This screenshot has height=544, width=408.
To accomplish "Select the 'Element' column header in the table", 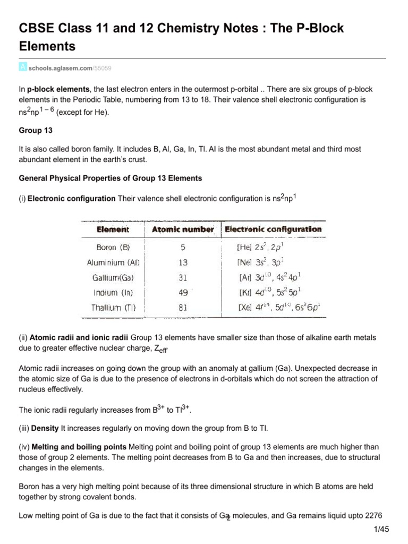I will (113, 229).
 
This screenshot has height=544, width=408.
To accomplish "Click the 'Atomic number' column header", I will (183, 229).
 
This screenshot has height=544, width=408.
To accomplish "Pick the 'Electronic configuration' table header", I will (273, 229).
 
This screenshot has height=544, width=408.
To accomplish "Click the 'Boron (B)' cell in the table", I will (113, 248).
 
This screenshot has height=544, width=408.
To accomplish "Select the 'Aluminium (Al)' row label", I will (113, 262).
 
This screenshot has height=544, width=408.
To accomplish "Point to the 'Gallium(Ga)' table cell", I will (113, 277).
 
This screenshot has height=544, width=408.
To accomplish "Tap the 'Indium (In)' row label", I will (113, 292).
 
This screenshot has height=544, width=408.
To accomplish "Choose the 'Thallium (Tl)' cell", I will (113, 307).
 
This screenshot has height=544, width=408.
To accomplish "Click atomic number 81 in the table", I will (183, 307).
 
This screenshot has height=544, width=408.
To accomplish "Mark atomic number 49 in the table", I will (183, 292).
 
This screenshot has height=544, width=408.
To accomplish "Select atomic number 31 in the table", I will (183, 277).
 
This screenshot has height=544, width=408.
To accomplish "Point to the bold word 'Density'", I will (45, 427).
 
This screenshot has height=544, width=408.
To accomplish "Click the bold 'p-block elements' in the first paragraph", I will (59, 89).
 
